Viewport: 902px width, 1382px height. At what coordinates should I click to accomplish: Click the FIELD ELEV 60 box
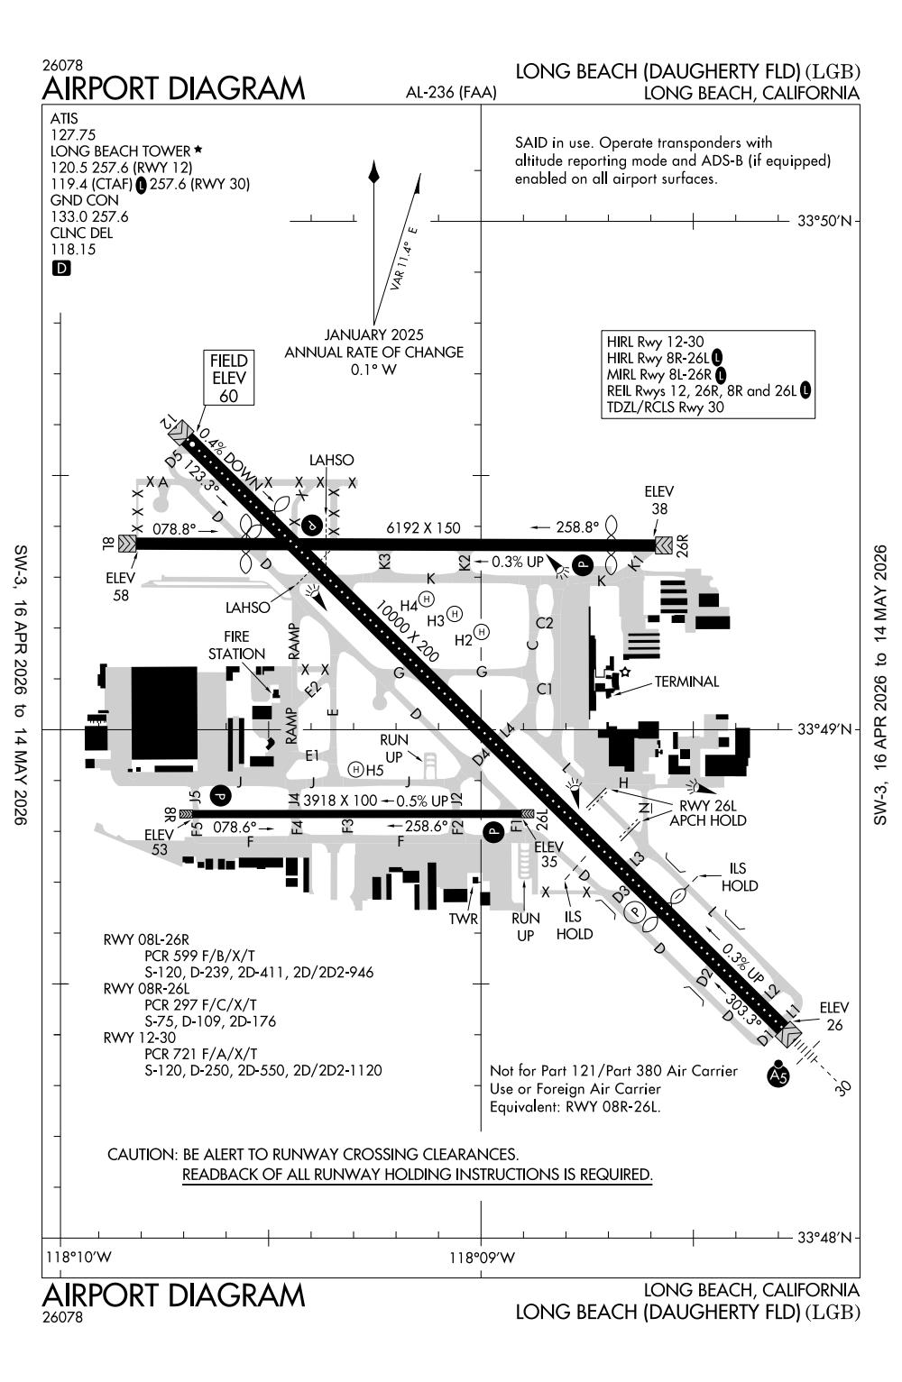pyautogui.click(x=228, y=378)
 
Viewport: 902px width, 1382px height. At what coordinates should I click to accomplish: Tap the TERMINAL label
pyautogui.click(x=686, y=682)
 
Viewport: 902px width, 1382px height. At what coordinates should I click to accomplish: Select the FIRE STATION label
pyautogui.click(x=236, y=645)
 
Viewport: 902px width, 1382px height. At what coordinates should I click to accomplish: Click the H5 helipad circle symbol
pyautogui.click(x=355, y=769)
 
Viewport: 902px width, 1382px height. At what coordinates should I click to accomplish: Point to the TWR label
pyautogui.click(x=463, y=919)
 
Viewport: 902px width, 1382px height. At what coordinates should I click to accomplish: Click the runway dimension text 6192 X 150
pyautogui.click(x=423, y=527)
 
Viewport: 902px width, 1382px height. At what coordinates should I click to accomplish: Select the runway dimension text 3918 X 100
pyautogui.click(x=340, y=800)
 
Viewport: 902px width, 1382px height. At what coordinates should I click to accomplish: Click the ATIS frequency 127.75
pyautogui.click(x=73, y=135)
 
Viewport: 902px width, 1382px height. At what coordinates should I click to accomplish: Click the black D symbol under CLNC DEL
pyautogui.click(x=61, y=268)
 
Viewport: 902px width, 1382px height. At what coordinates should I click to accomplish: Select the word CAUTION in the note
pyautogui.click(x=141, y=1154)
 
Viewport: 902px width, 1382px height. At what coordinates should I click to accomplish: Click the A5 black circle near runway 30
pyautogui.click(x=778, y=1075)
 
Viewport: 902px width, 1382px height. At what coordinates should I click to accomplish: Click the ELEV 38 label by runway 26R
pyautogui.click(x=658, y=499)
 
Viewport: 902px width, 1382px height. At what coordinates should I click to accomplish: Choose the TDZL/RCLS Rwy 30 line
pyautogui.click(x=666, y=407)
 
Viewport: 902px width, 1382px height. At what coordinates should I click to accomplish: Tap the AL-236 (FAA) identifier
pyautogui.click(x=447, y=92)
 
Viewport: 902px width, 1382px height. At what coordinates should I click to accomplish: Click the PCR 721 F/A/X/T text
pyautogui.click(x=200, y=1053)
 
